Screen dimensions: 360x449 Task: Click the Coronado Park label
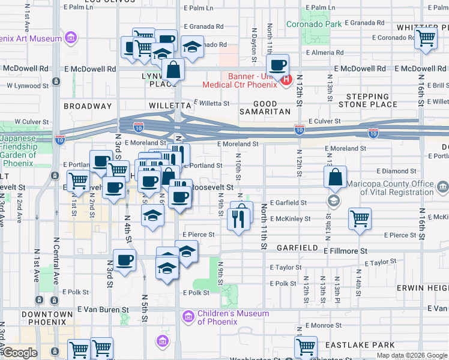tap(313, 25)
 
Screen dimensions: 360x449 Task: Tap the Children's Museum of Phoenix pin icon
tap(188, 316)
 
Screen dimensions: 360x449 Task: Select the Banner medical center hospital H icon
tap(286, 79)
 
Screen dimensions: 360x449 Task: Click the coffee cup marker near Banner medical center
tap(278, 65)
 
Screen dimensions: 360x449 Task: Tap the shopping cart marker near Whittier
tap(425, 38)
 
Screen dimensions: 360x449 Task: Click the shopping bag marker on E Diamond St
tap(336, 176)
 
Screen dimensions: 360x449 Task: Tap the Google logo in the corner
tap(20, 353)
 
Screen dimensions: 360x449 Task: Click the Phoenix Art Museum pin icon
tap(71, 38)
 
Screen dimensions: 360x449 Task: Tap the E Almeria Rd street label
tap(324, 52)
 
